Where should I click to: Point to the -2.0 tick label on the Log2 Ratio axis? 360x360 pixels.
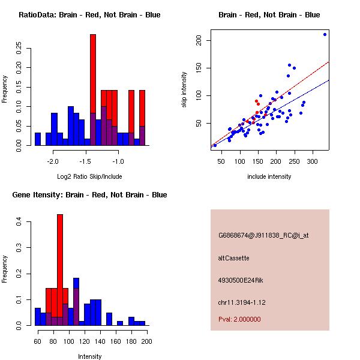pos(53,162)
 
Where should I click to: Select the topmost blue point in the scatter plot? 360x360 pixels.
pos(325,34)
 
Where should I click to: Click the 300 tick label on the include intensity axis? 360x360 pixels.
pos(313,161)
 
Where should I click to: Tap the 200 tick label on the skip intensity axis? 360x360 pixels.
pos(206,40)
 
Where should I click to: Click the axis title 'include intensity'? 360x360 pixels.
pos(269,176)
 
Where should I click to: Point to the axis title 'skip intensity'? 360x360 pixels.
pos(184,90)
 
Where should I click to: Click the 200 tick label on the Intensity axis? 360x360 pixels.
pos(146,341)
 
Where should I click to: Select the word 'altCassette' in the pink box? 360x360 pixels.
pos(233,258)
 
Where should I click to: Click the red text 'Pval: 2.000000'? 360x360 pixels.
pos(239,319)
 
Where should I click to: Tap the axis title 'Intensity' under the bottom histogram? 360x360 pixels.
pos(90,356)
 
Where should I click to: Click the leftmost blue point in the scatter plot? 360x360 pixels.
pos(215,145)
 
